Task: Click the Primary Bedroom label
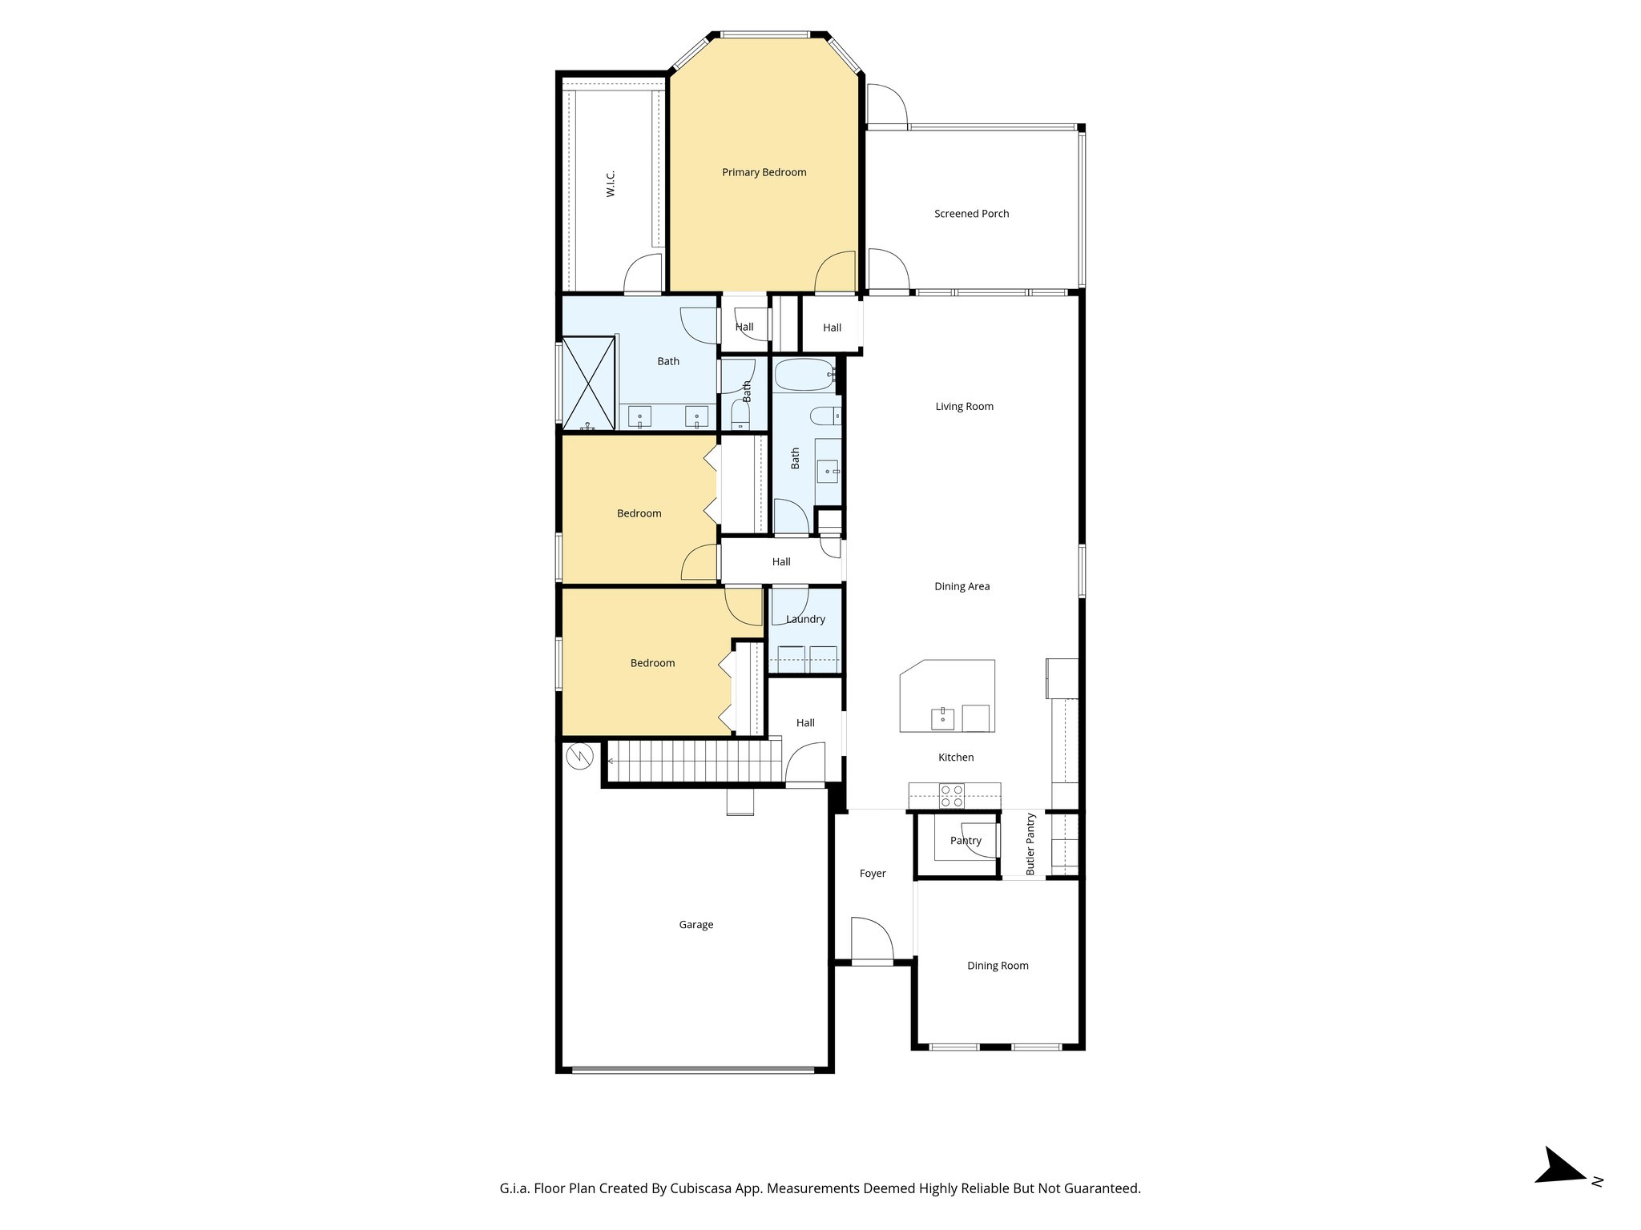click(764, 172)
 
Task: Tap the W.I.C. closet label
click(611, 183)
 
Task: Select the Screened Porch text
click(971, 214)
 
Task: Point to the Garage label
click(696, 925)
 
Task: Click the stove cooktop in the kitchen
click(952, 796)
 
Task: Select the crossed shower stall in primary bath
click(589, 384)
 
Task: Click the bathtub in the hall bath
click(804, 374)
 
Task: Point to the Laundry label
click(805, 619)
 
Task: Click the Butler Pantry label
click(1031, 844)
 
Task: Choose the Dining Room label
click(998, 966)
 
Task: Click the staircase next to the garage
click(694, 760)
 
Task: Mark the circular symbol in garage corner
click(579, 756)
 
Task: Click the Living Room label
click(964, 407)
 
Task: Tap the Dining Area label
click(962, 587)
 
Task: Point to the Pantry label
click(966, 841)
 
